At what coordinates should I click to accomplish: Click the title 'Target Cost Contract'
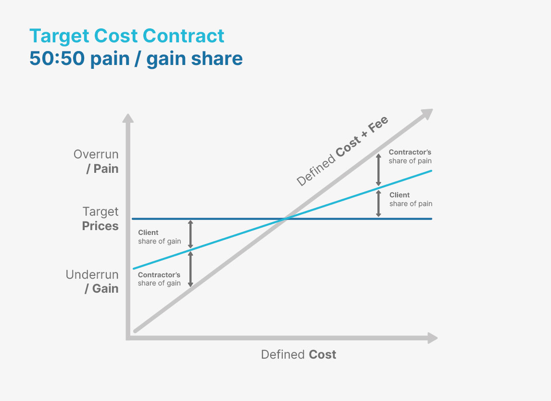coord(127,36)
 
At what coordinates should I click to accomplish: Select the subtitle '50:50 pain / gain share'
coord(136,59)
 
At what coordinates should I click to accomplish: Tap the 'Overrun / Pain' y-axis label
coord(96,162)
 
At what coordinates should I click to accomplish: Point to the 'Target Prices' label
coord(100,219)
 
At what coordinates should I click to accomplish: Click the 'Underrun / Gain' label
coord(92,282)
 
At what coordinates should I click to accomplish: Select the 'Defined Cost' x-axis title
coord(299,355)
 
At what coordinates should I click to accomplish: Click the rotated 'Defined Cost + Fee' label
coord(342,152)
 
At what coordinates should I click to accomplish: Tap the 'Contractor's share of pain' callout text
coord(410,156)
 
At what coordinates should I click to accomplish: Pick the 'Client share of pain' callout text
coord(411,199)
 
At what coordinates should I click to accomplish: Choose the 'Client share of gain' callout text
coord(159,237)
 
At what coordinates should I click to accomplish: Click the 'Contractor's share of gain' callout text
coord(159,279)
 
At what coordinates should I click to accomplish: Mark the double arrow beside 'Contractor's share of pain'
coord(378,168)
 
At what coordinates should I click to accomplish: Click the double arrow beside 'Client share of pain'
coord(378,204)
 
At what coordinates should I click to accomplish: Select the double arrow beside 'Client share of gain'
coord(191,234)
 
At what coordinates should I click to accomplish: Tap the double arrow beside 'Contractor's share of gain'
coord(191,269)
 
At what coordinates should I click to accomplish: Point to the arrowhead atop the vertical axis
coord(128,118)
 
